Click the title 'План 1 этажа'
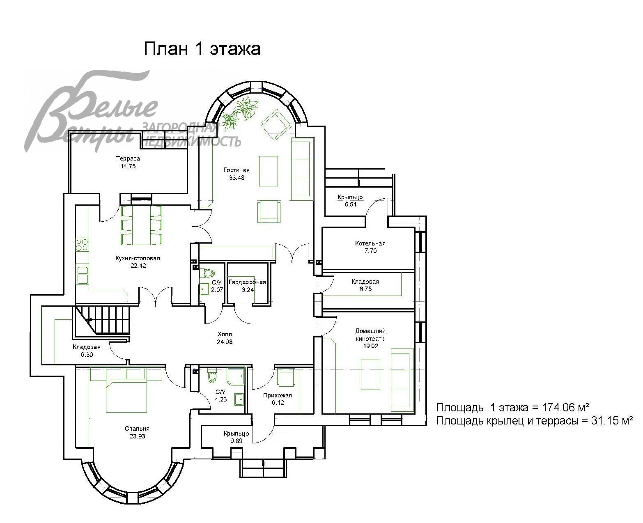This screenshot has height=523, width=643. [x=202, y=48]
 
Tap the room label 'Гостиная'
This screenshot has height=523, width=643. [x=236, y=170]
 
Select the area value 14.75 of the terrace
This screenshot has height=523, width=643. [x=128, y=166]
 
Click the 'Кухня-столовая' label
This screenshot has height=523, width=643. [x=138, y=258]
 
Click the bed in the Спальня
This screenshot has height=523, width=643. [x=126, y=390]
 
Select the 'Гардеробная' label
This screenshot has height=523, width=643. [x=247, y=282]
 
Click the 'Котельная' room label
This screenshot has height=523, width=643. [x=370, y=243]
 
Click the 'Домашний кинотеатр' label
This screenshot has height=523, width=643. [x=370, y=335]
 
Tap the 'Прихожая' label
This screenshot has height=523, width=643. [x=277, y=395]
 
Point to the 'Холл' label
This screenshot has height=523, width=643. [x=225, y=334]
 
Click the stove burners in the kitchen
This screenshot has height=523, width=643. [x=82, y=245]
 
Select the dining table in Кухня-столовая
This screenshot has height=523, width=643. [x=142, y=225]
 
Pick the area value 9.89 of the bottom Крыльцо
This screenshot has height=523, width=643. [x=236, y=440]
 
